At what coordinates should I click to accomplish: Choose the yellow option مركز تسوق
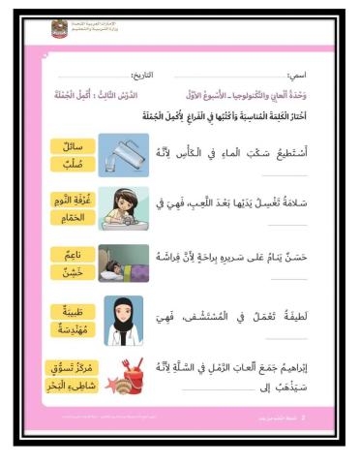72,369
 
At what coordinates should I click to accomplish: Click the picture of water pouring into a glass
124,155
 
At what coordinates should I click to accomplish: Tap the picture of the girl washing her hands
124,208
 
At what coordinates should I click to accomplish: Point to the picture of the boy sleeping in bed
124,263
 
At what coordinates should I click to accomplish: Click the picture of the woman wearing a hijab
124,320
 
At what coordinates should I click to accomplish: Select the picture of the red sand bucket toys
124,378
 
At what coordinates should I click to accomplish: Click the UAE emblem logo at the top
60,28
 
